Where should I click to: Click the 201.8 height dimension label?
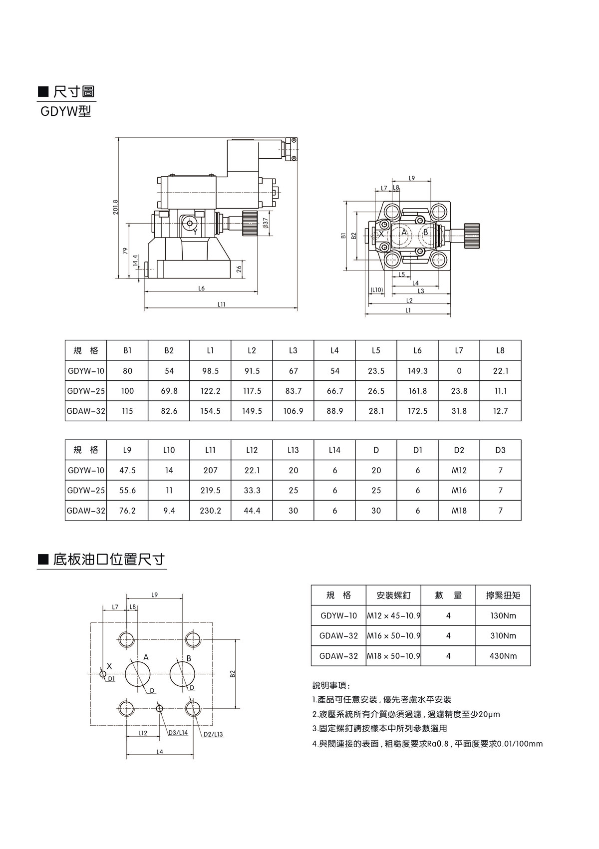point(116,207)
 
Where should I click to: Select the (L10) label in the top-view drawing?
point(376,290)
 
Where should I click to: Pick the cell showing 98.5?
point(211,371)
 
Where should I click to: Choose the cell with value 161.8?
point(417,391)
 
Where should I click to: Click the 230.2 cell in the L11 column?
point(211,511)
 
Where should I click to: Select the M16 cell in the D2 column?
point(459,491)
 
